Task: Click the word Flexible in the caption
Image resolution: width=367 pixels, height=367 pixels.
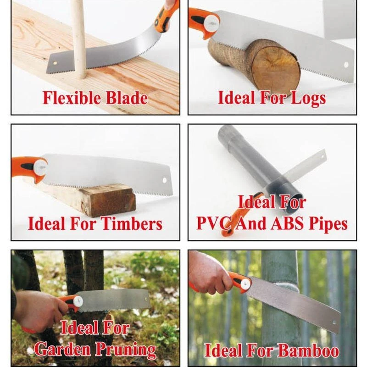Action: (72, 98)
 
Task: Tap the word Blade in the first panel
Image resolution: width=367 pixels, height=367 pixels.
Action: (127, 98)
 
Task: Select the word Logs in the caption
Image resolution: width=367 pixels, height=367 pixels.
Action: (308, 98)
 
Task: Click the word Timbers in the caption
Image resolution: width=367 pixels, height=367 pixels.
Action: (132, 224)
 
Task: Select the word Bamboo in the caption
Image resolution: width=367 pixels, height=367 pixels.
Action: (309, 350)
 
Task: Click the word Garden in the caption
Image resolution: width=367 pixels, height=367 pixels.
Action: (63, 349)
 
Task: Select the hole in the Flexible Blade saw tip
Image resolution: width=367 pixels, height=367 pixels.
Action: (55, 63)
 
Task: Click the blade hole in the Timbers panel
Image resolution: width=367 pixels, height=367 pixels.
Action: (165, 180)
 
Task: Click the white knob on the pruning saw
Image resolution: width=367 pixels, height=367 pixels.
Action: (78, 301)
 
